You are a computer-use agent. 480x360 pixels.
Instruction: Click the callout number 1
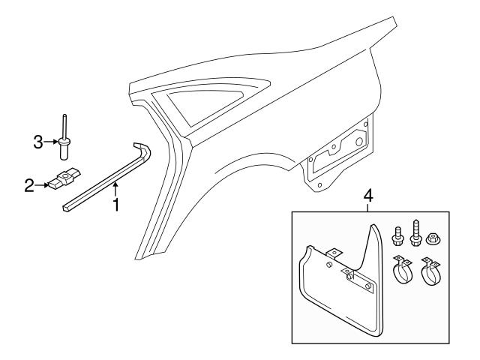[115, 203]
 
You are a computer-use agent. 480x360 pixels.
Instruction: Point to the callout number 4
[367, 196]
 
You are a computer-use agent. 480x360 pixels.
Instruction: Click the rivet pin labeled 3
[65, 140]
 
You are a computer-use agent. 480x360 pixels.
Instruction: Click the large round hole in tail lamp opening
[359, 142]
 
